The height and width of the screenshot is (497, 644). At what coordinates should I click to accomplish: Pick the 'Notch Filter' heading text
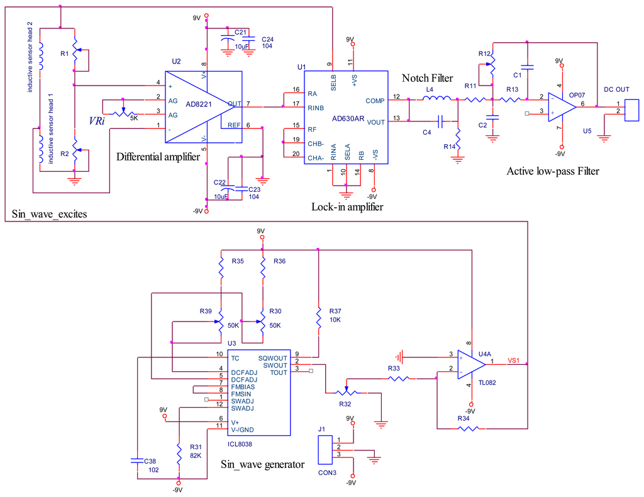(427, 79)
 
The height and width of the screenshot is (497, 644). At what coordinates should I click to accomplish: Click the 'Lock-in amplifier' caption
(347, 206)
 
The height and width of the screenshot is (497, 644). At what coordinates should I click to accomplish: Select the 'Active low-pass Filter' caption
(553, 171)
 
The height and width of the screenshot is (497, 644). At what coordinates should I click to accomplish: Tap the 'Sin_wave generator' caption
(262, 465)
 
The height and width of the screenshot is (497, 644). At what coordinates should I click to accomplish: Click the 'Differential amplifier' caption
(158, 157)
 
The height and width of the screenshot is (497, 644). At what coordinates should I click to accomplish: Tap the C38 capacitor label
(150, 461)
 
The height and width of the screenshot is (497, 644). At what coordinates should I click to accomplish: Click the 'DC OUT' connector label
(616, 89)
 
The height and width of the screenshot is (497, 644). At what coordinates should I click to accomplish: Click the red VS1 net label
(514, 360)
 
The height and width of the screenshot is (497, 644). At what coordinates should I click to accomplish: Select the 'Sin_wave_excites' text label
(49, 215)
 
